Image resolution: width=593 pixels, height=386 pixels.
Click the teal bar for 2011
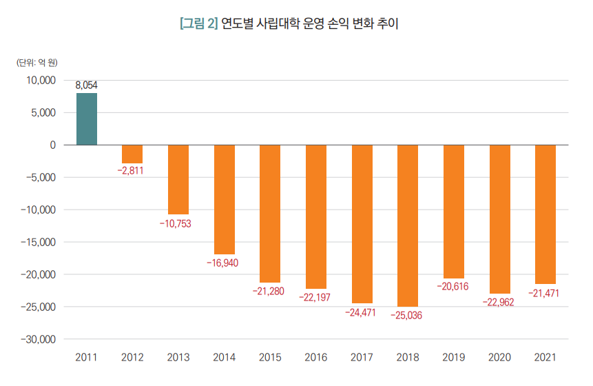pyautogui.click(x=87, y=119)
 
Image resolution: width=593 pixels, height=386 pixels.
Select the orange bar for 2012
pyautogui.click(x=132, y=154)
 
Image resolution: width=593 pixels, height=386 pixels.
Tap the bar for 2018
pyautogui.click(x=408, y=225)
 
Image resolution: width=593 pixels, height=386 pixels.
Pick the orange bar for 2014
pyautogui.click(x=225, y=199)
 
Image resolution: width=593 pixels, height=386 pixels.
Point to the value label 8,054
pyautogui.click(x=87, y=85)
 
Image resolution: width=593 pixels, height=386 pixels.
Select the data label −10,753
pyautogui.click(x=178, y=224)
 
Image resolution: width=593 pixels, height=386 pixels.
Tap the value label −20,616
pyautogui.click(x=454, y=287)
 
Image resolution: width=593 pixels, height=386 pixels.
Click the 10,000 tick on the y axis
pyautogui.click(x=41, y=80)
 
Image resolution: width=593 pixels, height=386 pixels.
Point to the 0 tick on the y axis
pyautogui.click(x=52, y=145)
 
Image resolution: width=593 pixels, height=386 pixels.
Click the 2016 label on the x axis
pyautogui.click(x=316, y=358)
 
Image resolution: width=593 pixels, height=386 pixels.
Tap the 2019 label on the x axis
pyautogui.click(x=454, y=358)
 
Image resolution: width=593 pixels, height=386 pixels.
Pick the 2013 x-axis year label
pyautogui.click(x=178, y=358)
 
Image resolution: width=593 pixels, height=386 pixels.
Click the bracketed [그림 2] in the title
pyautogui.click(x=198, y=24)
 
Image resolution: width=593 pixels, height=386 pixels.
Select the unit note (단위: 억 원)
pyautogui.click(x=37, y=62)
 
